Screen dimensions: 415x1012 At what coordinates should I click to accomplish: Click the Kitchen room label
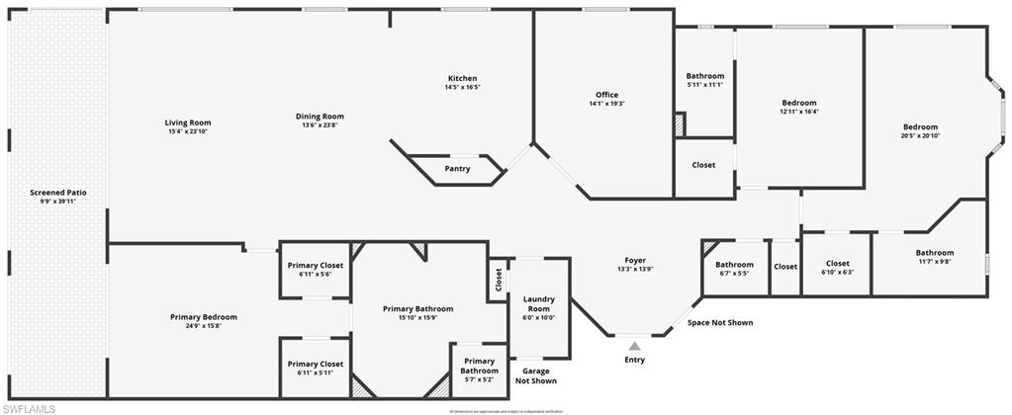pyautogui.click(x=462, y=78)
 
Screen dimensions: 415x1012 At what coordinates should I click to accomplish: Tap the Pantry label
pyautogui.click(x=457, y=168)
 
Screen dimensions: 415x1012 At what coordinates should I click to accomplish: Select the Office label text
pyautogui.click(x=606, y=95)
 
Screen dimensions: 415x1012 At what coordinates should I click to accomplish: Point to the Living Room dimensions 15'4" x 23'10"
pyautogui.click(x=188, y=131)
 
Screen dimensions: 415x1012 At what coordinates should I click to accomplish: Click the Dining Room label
pyautogui.click(x=320, y=116)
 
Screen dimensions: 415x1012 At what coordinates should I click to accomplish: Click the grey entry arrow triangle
pyautogui.click(x=634, y=345)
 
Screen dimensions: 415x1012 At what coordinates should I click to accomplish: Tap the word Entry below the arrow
pyautogui.click(x=634, y=360)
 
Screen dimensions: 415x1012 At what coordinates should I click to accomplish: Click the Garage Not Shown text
pyautogui.click(x=536, y=375)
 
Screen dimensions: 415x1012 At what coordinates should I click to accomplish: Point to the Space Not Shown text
pyautogui.click(x=720, y=322)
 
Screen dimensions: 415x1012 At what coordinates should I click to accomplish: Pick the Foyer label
pyautogui.click(x=635, y=260)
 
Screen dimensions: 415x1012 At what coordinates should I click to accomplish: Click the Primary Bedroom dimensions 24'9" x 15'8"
pyautogui.click(x=204, y=326)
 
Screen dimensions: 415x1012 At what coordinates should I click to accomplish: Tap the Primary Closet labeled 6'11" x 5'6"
pyautogui.click(x=316, y=269)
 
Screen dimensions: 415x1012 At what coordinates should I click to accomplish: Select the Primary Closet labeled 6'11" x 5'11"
pyautogui.click(x=316, y=368)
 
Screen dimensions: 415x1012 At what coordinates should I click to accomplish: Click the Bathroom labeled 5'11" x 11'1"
pyautogui.click(x=705, y=80)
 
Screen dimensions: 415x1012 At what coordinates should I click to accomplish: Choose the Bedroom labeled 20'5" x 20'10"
pyautogui.click(x=920, y=130)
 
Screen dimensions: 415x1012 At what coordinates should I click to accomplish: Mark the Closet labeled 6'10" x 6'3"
pyautogui.click(x=837, y=268)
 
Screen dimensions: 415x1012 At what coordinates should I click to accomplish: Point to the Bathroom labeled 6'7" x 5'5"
pyautogui.click(x=735, y=269)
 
